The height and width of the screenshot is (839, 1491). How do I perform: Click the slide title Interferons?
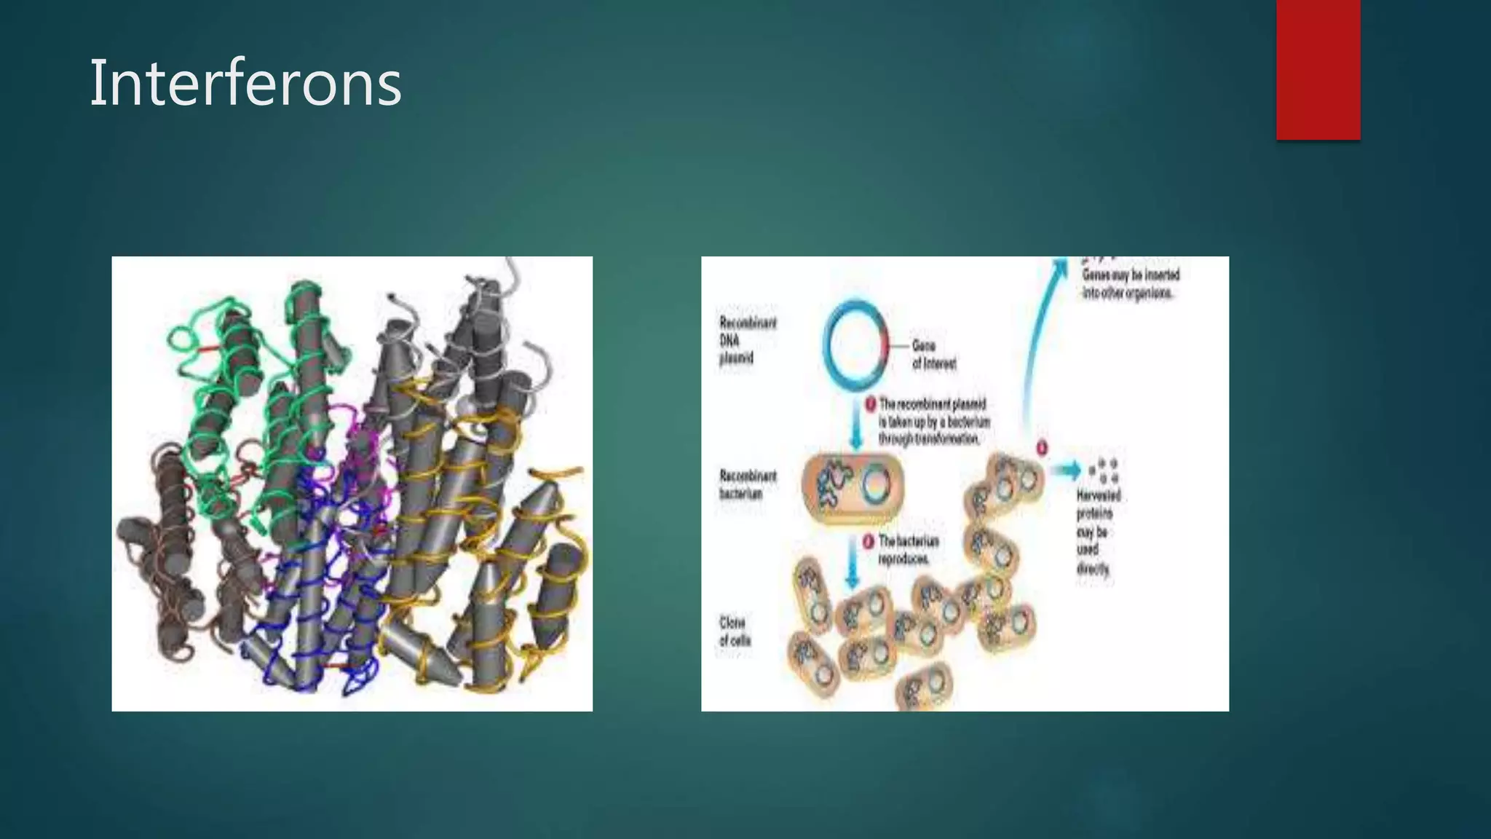point(245,84)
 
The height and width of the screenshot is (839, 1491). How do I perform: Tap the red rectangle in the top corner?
point(1318,70)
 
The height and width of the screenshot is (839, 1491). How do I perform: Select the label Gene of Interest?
point(933,355)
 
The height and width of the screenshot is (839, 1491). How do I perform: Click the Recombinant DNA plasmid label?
point(747,340)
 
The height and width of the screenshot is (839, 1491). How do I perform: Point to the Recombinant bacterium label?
point(747,484)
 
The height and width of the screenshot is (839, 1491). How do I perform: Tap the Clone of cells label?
point(734,631)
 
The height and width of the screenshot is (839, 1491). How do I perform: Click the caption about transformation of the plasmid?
point(933,422)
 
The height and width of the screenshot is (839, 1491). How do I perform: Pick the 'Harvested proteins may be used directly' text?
point(1098,532)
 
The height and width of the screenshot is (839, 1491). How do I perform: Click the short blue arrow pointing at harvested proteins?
point(1066,470)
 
